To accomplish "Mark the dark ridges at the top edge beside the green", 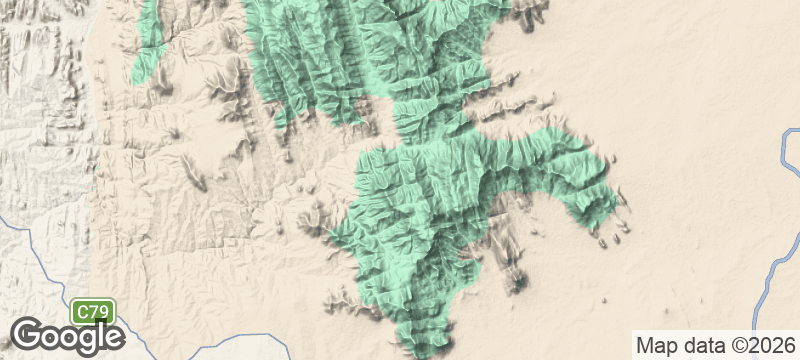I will pyautogui.click(x=530, y=12).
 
